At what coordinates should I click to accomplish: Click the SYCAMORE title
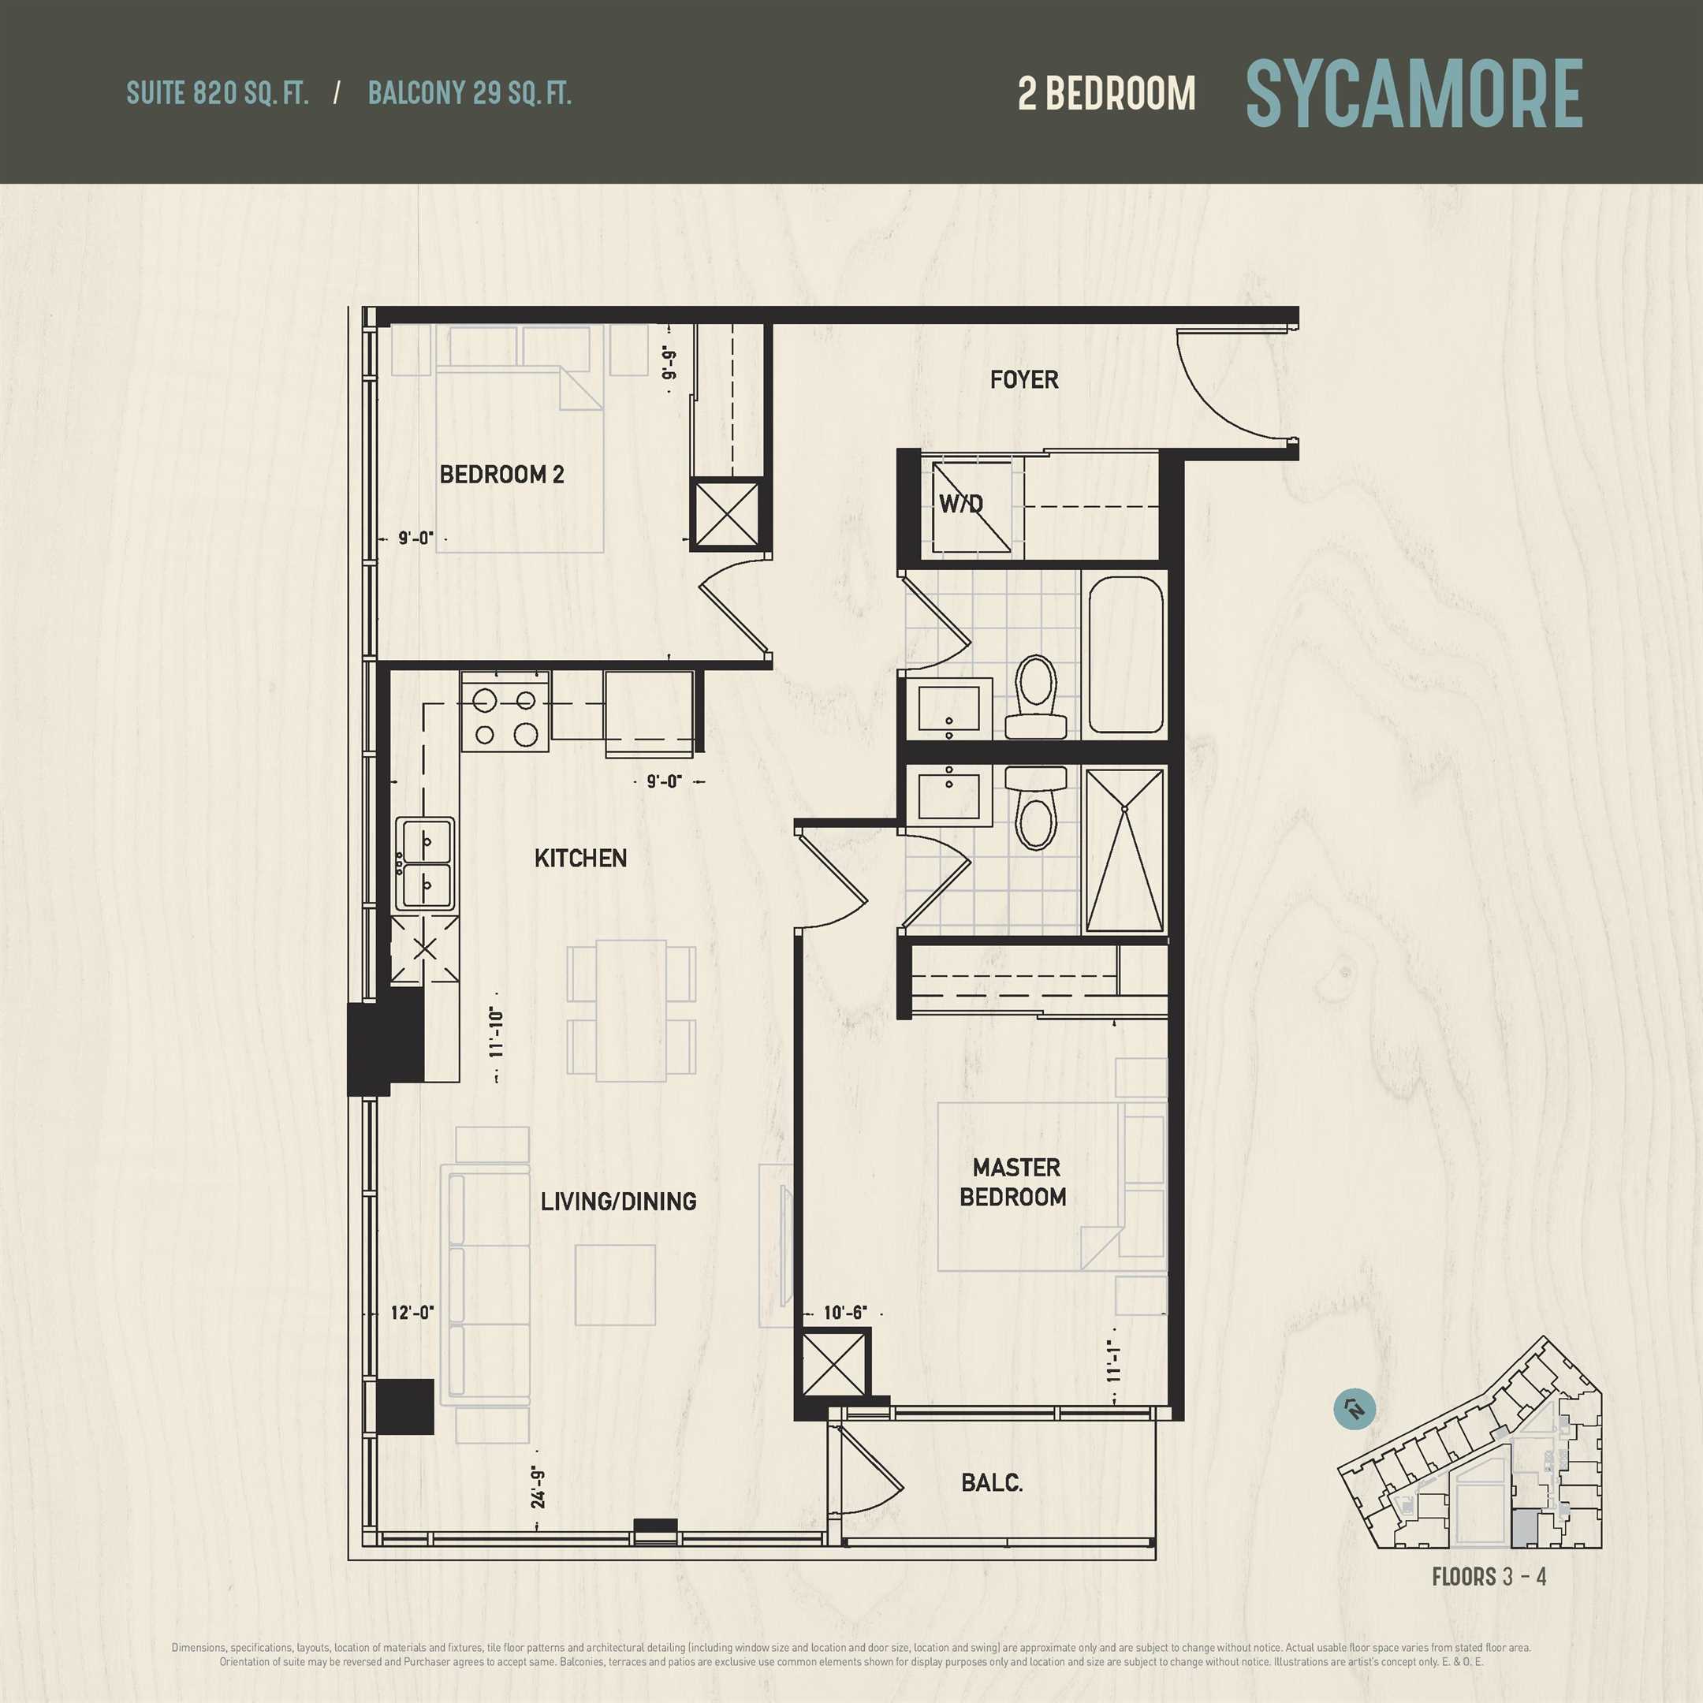click(x=1414, y=94)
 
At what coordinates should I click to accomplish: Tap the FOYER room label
click(x=1023, y=380)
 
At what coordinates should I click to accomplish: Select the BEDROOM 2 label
click(x=501, y=474)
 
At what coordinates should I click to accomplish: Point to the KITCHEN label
click(x=581, y=858)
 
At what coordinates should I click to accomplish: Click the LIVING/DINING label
click(x=618, y=1201)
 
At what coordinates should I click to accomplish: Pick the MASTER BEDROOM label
click(x=1014, y=1182)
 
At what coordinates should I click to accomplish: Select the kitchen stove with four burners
click(x=506, y=711)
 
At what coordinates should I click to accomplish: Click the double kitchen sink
click(x=425, y=863)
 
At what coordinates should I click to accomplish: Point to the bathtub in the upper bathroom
click(x=1125, y=654)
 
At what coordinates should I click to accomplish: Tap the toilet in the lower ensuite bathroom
click(x=1036, y=806)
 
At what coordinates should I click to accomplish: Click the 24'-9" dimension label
click(x=538, y=1489)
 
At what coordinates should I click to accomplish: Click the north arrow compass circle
click(x=1355, y=1410)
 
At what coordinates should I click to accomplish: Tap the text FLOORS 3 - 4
click(x=1489, y=1576)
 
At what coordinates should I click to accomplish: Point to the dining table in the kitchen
click(x=631, y=1010)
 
